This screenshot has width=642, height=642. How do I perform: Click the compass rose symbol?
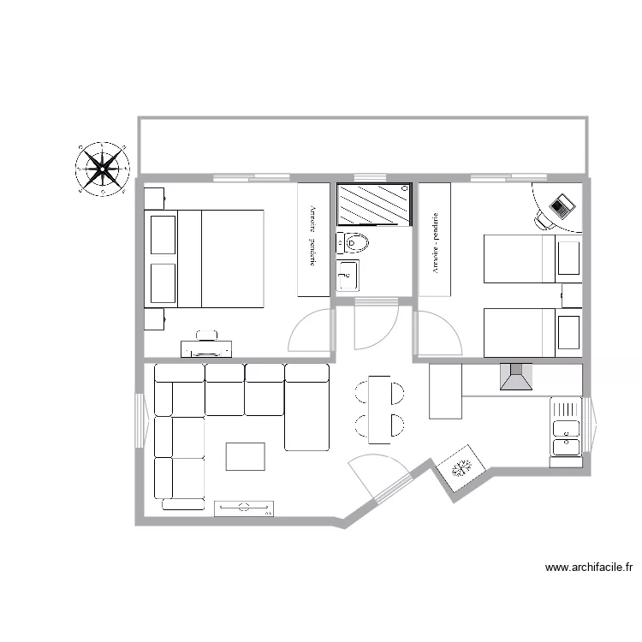coord(103,169)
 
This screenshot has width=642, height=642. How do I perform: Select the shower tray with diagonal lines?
coord(374,205)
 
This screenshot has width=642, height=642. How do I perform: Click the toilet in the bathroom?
coord(354,244)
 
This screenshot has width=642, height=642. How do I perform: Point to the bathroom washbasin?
coord(348,276)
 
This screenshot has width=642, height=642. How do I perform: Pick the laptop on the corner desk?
coord(562,205)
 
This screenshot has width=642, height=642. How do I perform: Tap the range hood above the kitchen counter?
coord(516,377)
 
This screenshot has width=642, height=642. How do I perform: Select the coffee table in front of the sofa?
coord(246,455)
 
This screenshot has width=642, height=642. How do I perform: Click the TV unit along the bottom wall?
coord(244,508)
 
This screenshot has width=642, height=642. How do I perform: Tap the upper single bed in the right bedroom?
coord(532,259)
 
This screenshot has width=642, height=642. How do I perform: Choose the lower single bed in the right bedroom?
coord(532,333)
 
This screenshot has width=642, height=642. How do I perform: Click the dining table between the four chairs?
coord(379,409)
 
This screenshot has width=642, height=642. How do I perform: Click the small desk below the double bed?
coord(206,348)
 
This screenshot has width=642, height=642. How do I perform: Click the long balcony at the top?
coord(362,146)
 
